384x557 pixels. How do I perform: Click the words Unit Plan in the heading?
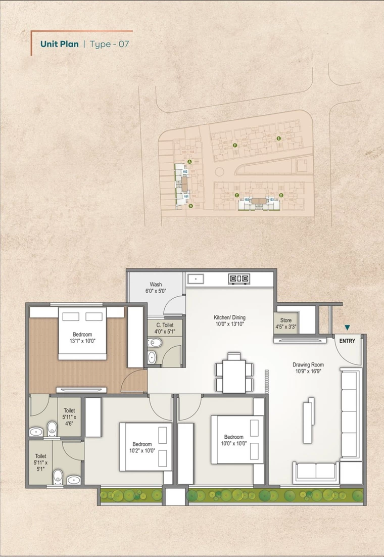click(59, 44)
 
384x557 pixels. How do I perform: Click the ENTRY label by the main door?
click(347, 341)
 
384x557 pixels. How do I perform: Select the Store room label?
click(285, 323)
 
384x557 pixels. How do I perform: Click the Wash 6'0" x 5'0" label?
click(156, 288)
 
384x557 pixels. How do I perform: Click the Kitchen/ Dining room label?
click(229, 321)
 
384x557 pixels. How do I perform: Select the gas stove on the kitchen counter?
click(239, 278)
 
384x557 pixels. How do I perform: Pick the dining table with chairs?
click(233, 373)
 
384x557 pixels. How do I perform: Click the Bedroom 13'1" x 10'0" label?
click(82, 338)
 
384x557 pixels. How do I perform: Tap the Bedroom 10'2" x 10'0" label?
click(140, 447)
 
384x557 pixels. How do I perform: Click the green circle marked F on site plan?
click(235, 146)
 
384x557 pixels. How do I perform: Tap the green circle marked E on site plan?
click(278, 138)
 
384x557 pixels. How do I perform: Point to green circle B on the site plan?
click(190, 206)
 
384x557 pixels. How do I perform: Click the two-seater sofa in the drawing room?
click(316, 472)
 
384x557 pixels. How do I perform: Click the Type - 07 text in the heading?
click(109, 44)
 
